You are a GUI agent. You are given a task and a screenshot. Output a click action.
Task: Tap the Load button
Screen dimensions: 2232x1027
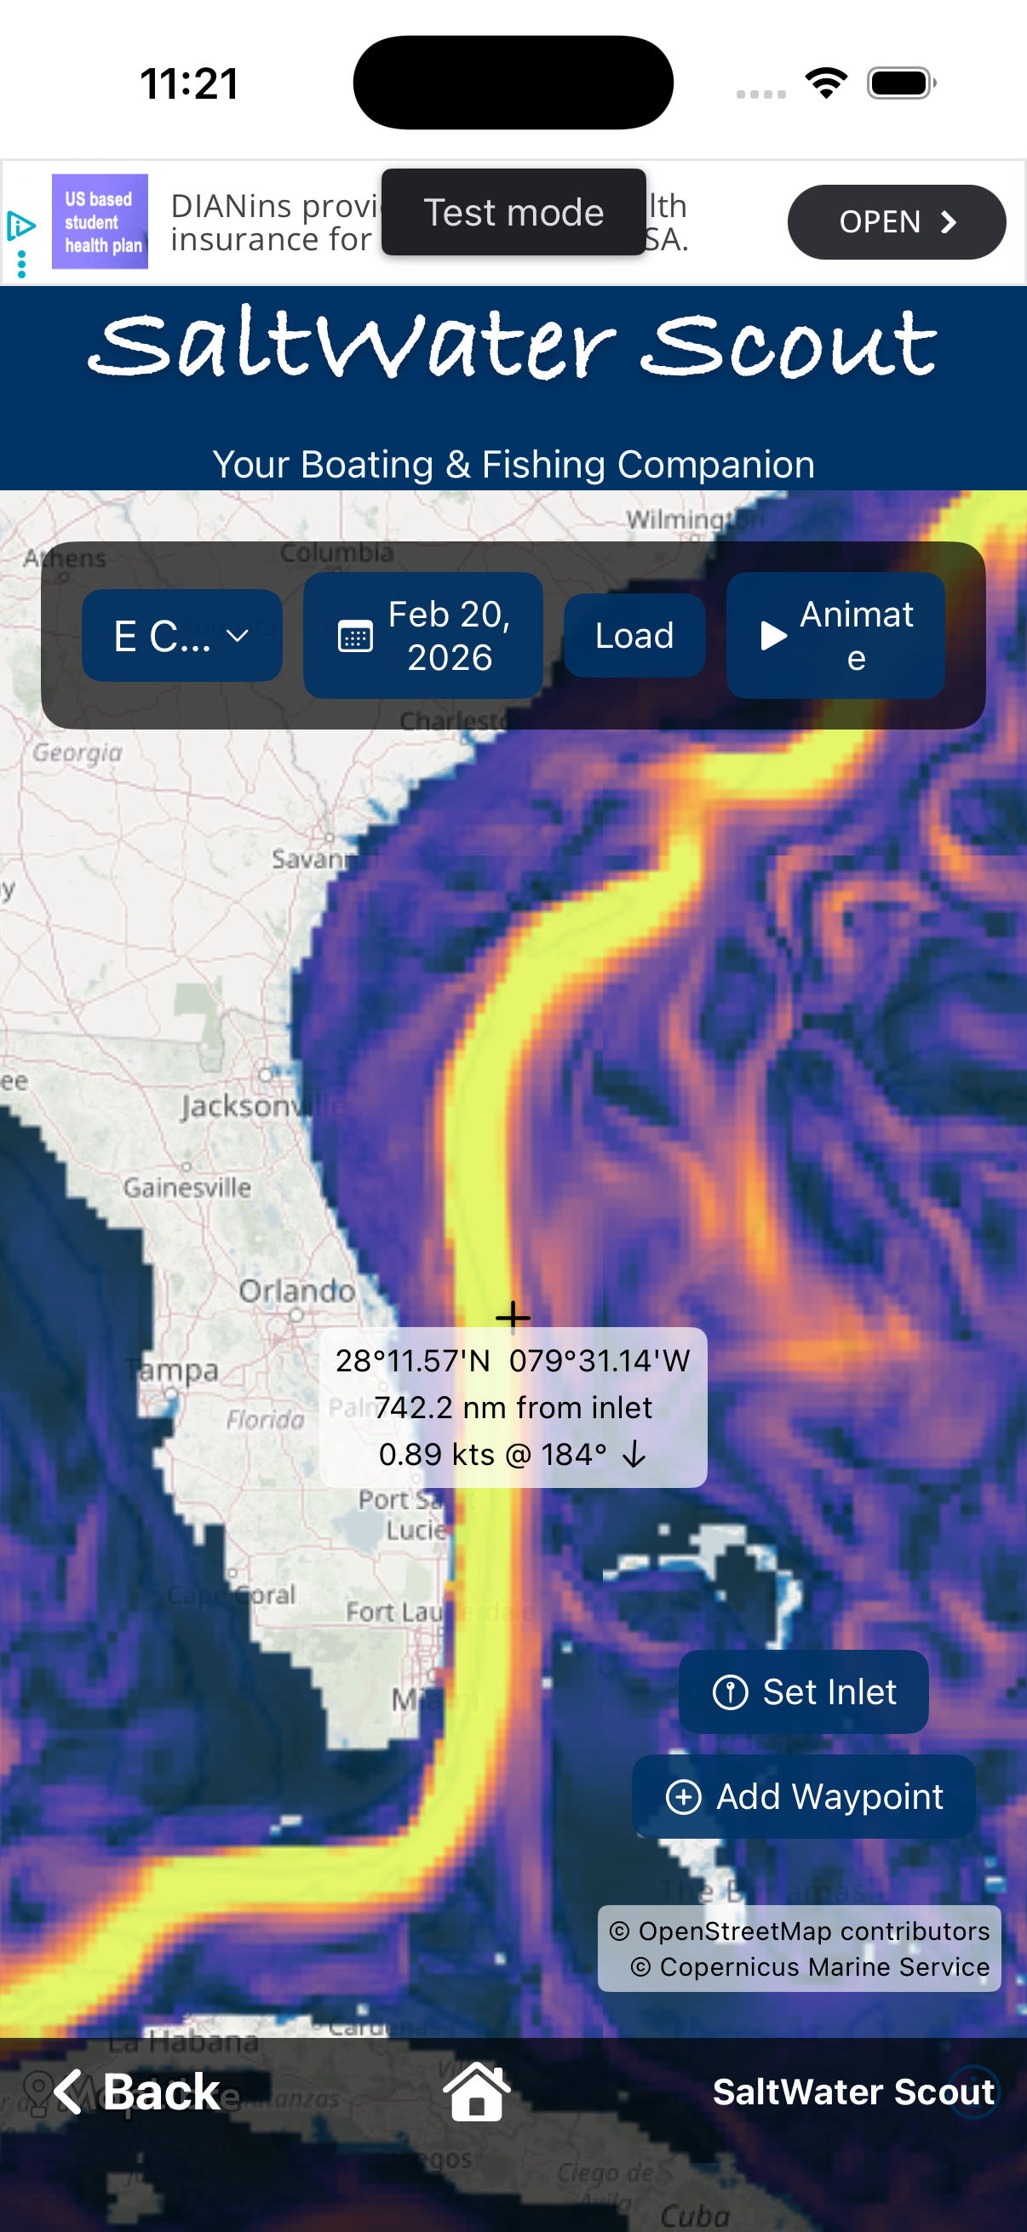point(634,635)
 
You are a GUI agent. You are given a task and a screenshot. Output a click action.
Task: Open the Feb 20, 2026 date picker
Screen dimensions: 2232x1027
point(423,635)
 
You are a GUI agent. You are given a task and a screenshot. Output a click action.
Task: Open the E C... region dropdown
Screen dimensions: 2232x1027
point(181,635)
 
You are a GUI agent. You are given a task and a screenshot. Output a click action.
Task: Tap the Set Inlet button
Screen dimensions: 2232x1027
point(803,1691)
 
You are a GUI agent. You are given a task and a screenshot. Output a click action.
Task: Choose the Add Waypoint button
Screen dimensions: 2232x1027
point(803,1796)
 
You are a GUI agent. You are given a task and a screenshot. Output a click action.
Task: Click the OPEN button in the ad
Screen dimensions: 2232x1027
point(895,222)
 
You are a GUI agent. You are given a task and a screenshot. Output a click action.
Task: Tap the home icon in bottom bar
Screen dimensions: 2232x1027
point(477,2092)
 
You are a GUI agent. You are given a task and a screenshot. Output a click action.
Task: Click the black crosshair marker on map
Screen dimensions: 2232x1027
point(513,1315)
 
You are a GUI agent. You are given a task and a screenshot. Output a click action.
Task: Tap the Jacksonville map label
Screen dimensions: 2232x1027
point(260,1107)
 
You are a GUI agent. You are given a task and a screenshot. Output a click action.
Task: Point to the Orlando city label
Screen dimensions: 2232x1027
point(296,1291)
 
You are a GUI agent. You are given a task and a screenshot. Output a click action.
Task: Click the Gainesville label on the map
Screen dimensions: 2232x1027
point(187,1187)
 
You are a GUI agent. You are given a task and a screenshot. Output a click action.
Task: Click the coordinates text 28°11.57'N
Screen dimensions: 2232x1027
point(413,1360)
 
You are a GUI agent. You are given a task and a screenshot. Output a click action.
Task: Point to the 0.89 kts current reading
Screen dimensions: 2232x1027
point(436,1454)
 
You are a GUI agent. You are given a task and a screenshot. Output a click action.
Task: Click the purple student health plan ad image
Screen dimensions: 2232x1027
point(100,222)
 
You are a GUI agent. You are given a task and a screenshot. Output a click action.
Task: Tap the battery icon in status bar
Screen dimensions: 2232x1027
point(900,83)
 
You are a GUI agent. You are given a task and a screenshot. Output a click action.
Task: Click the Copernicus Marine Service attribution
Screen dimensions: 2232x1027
point(811,1966)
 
